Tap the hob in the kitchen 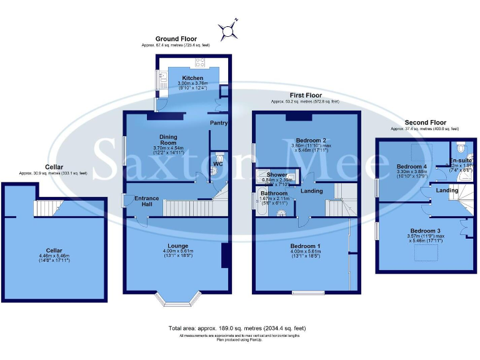[x=202, y=62]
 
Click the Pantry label [x=218, y=123]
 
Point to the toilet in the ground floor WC [x=218, y=157]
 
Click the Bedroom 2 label [x=311, y=140]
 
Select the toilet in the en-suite [x=461, y=149]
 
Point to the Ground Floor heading [x=176, y=39]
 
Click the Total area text [x=237, y=328]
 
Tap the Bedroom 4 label [x=411, y=166]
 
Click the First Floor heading [x=304, y=95]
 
